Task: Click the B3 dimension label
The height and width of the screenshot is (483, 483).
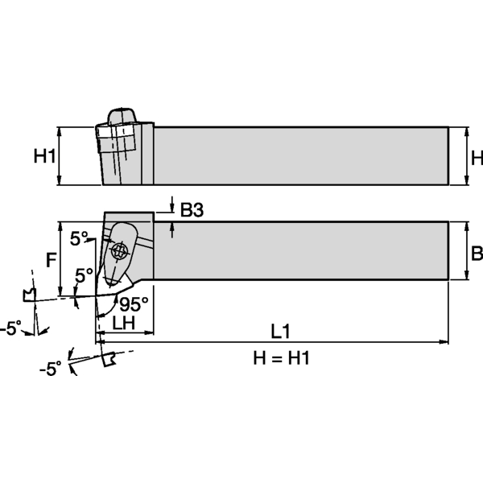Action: pos(192,211)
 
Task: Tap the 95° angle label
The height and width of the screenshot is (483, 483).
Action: pos(134,304)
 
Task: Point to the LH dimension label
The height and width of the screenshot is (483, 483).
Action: pos(123,323)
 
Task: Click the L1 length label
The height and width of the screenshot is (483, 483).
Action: pos(279,330)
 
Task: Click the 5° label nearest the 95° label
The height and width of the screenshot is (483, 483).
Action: pos(84,275)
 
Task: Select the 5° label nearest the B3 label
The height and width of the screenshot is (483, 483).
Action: pos(79,238)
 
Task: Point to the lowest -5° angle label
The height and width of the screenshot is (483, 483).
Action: pos(50,369)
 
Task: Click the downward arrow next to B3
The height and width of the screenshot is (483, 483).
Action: pos(173,204)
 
